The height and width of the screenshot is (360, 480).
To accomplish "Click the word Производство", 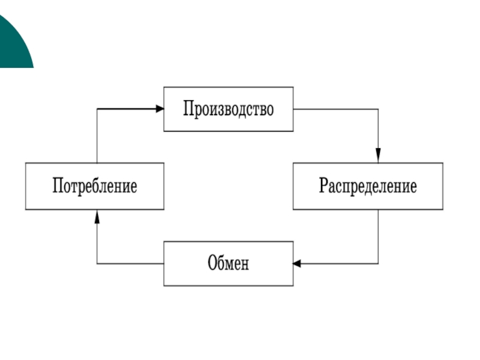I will [x=228, y=110].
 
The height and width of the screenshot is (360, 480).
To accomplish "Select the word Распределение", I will [x=367, y=186].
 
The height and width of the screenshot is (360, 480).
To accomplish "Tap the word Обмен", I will [x=228, y=263].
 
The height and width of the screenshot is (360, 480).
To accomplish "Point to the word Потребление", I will [x=95, y=186].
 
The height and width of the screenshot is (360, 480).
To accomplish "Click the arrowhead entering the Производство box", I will [x=160, y=109].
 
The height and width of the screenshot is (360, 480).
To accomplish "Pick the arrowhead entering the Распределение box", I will [x=378, y=158].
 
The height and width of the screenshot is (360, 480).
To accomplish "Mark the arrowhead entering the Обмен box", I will [x=298, y=263].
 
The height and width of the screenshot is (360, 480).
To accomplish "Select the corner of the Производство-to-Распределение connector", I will [x=378, y=109].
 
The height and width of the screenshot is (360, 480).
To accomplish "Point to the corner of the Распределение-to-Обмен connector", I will [x=378, y=263].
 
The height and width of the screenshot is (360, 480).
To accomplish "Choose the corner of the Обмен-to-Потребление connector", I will [x=97, y=263].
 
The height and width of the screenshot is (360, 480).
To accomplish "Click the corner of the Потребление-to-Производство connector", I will [x=97, y=109].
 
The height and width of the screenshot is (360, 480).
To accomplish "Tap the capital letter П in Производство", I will [x=188, y=110].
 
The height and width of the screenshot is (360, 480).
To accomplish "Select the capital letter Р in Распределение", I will [x=323, y=186].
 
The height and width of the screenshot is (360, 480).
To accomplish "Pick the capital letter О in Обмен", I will [x=212, y=263].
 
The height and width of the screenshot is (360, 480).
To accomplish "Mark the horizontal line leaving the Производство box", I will [x=336, y=109].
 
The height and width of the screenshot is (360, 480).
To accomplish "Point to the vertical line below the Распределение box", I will [x=378, y=236].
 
